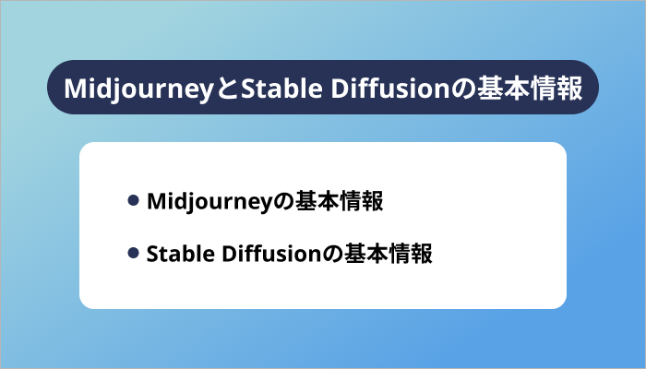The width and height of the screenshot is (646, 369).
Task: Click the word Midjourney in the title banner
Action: pyautogui.click(x=142, y=89)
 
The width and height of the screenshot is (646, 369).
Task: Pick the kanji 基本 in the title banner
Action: pyautogui.click(x=493, y=89)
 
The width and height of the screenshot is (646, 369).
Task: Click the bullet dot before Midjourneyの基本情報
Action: pyautogui.click(x=134, y=201)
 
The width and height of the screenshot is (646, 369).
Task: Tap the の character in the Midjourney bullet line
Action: pyautogui.click(x=275, y=202)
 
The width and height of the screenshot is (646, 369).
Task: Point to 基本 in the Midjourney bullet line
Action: pyautogui.click(x=309, y=202)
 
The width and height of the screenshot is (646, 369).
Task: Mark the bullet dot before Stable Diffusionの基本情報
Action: pyautogui.click(x=134, y=253)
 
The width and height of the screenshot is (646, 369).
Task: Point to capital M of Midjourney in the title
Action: pyautogui.click(x=74, y=89)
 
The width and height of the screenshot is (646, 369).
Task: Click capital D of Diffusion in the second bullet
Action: pyautogui.click(x=226, y=253)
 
